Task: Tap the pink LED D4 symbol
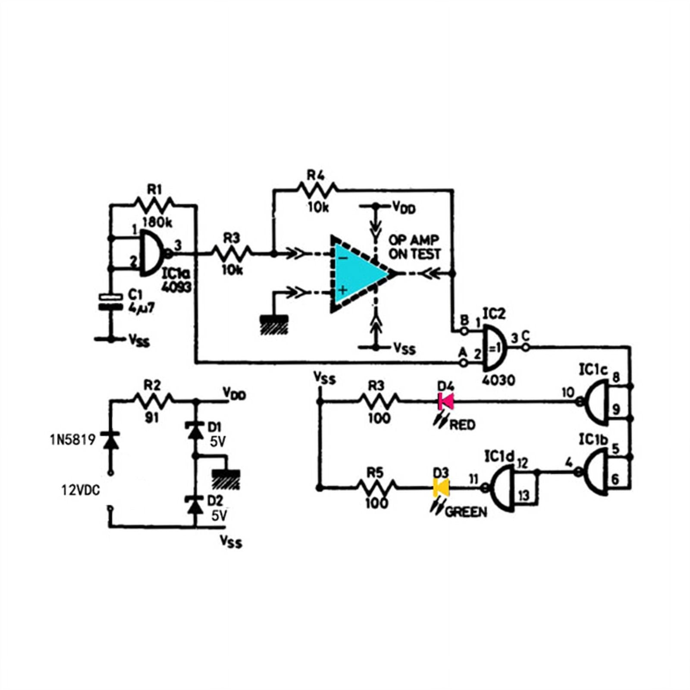point(445,401)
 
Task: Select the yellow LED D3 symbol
point(441,488)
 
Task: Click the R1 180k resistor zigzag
point(154,204)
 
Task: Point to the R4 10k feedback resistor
point(317,189)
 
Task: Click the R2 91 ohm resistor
point(154,401)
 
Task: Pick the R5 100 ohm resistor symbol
point(376,488)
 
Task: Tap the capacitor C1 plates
point(111,302)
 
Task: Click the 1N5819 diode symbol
point(110,440)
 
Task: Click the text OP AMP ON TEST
point(414,247)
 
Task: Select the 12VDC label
point(81,490)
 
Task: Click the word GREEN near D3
point(466,512)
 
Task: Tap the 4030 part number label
point(499,380)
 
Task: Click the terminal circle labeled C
point(525,347)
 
